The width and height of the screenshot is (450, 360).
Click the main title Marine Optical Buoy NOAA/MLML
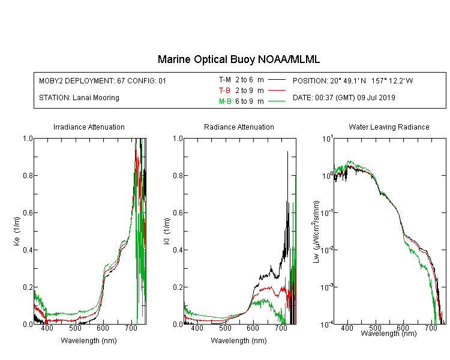click(x=238, y=59)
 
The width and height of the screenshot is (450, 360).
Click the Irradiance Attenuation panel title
click(x=89, y=127)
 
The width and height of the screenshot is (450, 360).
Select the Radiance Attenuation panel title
click(x=239, y=127)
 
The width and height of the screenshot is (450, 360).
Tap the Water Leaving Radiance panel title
click(x=389, y=127)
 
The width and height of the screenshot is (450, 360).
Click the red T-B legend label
click(x=224, y=91)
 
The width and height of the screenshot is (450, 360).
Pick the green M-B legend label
click(x=225, y=101)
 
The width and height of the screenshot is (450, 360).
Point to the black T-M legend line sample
click(x=277, y=80)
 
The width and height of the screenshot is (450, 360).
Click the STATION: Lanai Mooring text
click(x=79, y=98)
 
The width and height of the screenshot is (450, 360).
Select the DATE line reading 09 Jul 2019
click(x=344, y=98)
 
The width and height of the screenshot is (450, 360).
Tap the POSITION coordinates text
click(x=353, y=80)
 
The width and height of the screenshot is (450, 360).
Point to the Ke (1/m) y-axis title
click(x=17, y=231)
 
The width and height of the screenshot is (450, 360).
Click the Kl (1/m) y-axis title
click(x=167, y=231)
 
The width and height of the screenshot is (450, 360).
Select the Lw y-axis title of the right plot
click(x=316, y=232)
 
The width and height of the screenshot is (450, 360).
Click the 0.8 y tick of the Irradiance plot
click(x=28, y=175)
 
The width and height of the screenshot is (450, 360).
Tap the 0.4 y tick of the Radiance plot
click(x=178, y=250)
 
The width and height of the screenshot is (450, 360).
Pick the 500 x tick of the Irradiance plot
click(x=75, y=328)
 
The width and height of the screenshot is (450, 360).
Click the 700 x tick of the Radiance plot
click(x=281, y=328)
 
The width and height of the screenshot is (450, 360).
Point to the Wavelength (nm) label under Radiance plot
click(x=239, y=341)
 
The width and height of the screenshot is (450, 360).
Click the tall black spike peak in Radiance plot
click(x=287, y=152)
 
